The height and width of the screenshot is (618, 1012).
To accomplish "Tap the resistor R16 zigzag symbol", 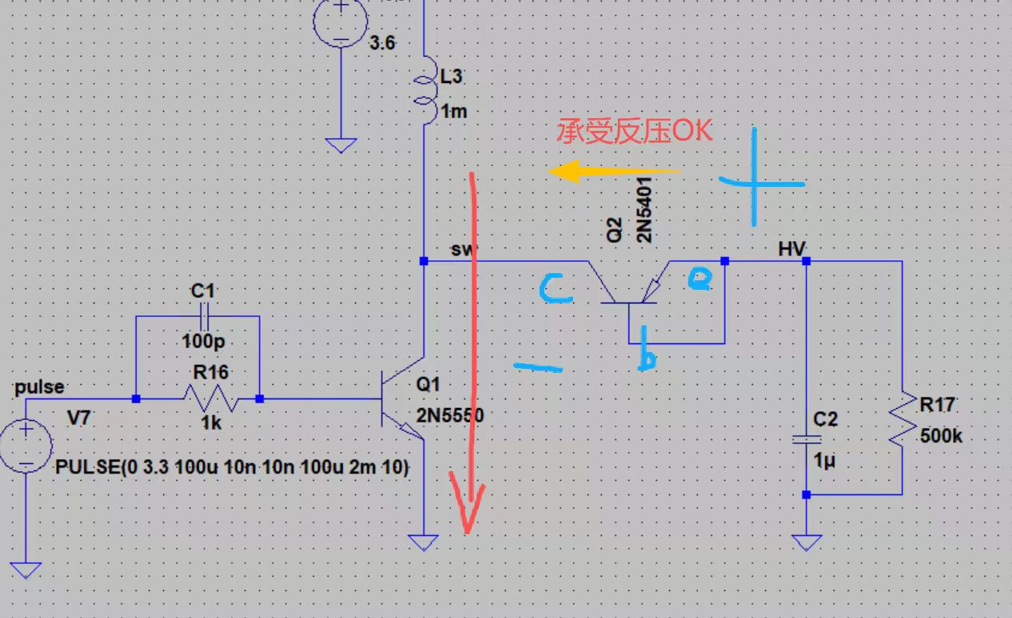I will pos(210,398).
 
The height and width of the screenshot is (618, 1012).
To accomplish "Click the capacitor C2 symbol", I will pos(806,440).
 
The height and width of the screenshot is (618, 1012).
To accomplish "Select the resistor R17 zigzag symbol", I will pos(902,418).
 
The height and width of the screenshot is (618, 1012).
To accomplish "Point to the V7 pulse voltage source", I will pos(26,447).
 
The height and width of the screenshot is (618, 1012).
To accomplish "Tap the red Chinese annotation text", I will pos(634,131).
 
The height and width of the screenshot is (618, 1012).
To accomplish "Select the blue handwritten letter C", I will pos(555,288).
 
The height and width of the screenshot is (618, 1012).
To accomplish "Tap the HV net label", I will pos(791,250).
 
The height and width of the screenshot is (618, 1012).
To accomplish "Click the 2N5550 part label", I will pos(450,415).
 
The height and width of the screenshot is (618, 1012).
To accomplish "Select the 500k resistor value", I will pos(941,436).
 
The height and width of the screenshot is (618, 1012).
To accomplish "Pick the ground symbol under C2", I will pos(806,543).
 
